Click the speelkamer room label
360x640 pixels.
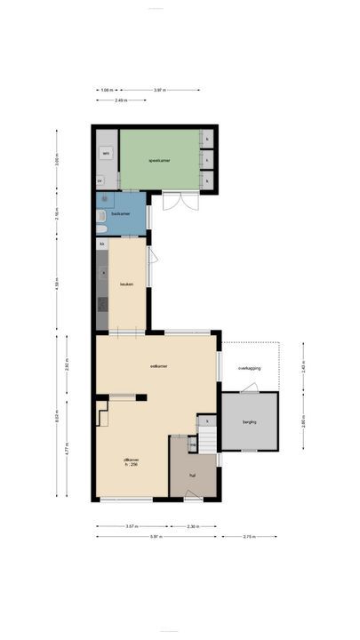coord(159,160)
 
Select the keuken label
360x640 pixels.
coord(125,284)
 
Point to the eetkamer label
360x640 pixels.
coord(160,365)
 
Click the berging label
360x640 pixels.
coord(249,421)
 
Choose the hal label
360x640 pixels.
coord(191,476)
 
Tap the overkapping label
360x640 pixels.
coord(249,368)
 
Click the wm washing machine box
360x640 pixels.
coord(106,153)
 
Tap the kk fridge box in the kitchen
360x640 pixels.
coord(102,244)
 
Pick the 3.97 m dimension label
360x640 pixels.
coord(160,90)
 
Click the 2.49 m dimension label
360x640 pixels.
coord(119,100)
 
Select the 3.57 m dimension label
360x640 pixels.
coord(132,526)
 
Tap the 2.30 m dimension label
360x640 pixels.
coord(194,526)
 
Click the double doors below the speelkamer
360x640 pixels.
coord(175,201)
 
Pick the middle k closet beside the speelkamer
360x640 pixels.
coord(207,160)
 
